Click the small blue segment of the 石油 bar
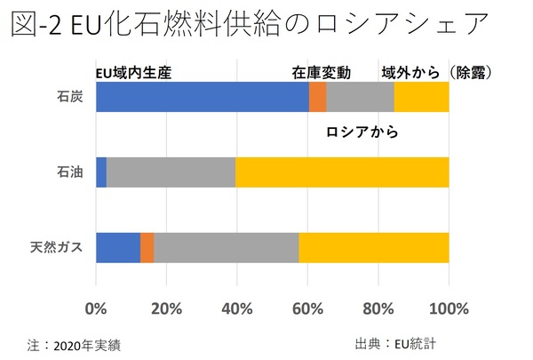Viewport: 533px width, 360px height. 101,172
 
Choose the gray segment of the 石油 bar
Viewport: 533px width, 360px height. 171,172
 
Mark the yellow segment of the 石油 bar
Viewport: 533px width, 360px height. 342,172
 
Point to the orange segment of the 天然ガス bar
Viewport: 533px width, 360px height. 147,247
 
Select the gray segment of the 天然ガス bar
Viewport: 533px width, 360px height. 226,247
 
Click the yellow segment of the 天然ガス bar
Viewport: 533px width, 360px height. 373,247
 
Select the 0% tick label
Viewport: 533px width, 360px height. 96,309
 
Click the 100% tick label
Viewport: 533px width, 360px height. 449,309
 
